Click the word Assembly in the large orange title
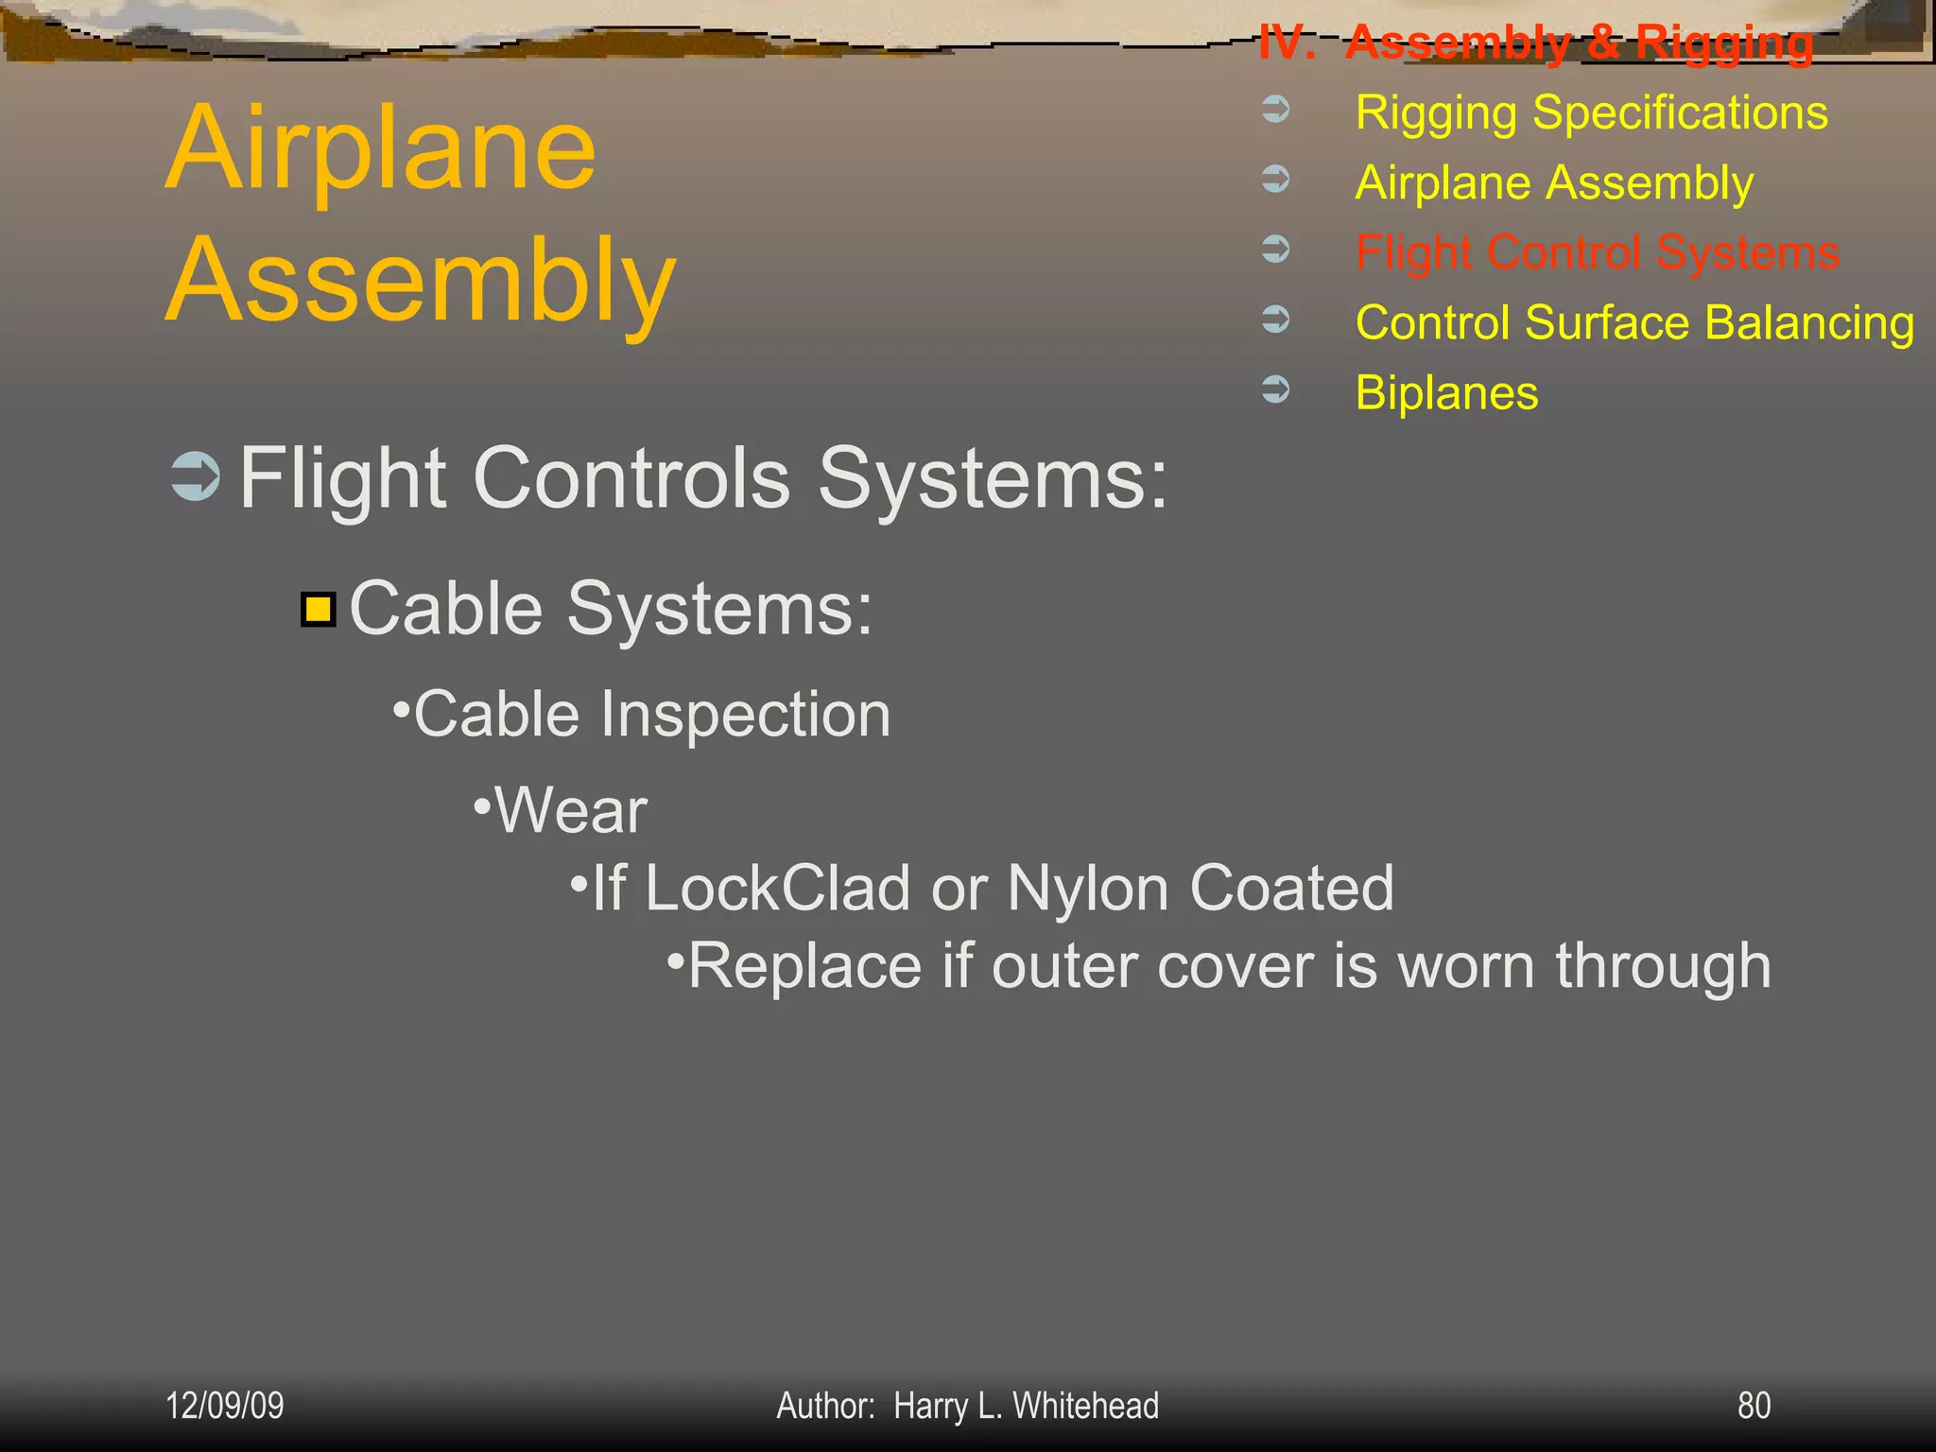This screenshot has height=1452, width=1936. [421, 282]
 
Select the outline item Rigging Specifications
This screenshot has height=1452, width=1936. [1591, 113]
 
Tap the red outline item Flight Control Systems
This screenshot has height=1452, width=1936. [1597, 253]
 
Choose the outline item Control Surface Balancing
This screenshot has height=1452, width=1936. [1634, 323]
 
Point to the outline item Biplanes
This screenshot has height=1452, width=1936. [1446, 393]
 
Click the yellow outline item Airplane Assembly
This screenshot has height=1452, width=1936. [1554, 183]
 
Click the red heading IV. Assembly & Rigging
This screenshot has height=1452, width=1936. [1535, 43]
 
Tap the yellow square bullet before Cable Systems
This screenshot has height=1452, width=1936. [319, 610]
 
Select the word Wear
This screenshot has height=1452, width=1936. [571, 811]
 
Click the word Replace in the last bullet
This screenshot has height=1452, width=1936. [804, 967]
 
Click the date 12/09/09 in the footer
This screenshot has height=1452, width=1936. [225, 1406]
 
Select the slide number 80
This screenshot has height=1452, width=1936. [1754, 1406]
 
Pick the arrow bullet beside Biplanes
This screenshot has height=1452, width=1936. [1276, 389]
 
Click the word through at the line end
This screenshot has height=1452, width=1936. [1663, 967]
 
